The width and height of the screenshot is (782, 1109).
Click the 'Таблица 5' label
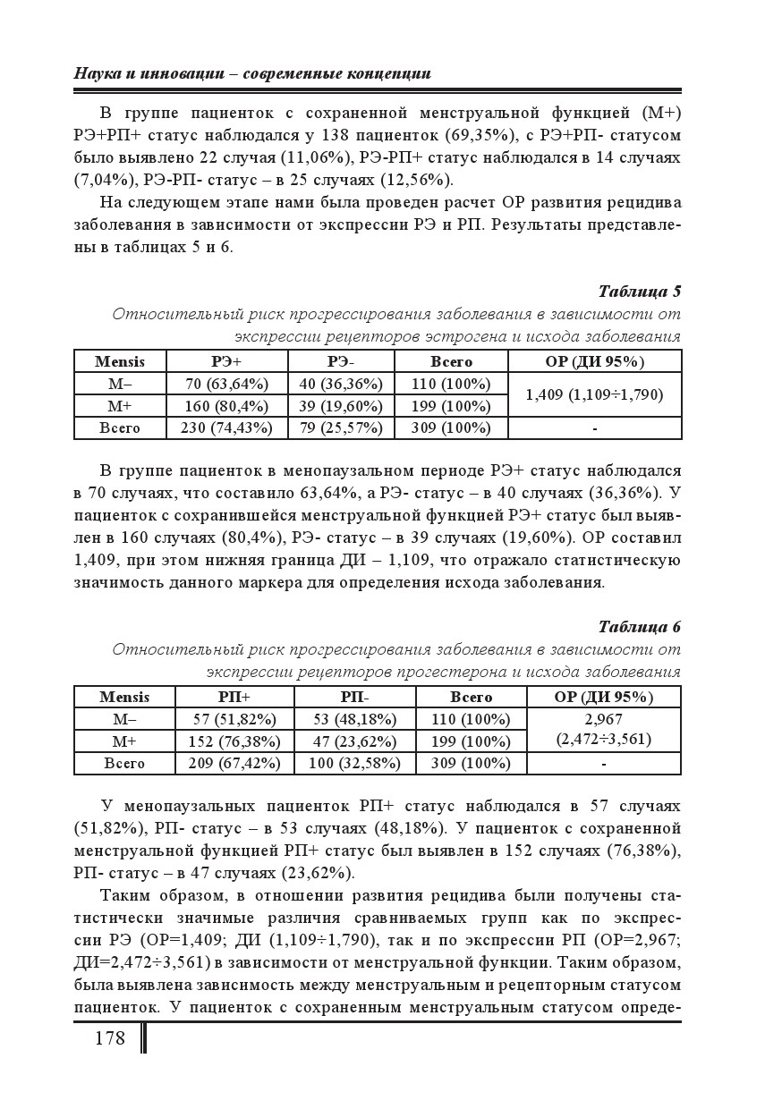(639, 292)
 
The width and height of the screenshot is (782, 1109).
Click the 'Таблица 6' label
(639, 626)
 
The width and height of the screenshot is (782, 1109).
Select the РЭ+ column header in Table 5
(226, 361)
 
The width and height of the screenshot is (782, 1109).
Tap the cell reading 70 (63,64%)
(227, 384)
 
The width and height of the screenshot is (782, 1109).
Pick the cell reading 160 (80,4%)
(227, 405)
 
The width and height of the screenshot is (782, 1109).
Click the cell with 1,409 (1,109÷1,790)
(594, 394)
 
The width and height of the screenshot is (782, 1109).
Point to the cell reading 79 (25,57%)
(341, 428)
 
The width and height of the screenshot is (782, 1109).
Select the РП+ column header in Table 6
(234, 697)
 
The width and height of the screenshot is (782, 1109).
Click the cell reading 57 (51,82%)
(234, 719)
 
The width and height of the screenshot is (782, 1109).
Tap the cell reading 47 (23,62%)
(354, 741)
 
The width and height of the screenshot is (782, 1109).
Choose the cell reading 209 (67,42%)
(234, 763)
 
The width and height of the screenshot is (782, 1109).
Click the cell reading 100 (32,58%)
(354, 763)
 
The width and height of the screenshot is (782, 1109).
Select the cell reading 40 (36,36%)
(341, 384)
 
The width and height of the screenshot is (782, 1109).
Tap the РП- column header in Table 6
(354, 697)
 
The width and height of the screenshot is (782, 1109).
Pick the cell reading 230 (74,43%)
(227, 428)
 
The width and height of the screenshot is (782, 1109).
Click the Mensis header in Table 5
(120, 361)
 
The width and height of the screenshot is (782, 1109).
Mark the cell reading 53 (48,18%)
(354, 719)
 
